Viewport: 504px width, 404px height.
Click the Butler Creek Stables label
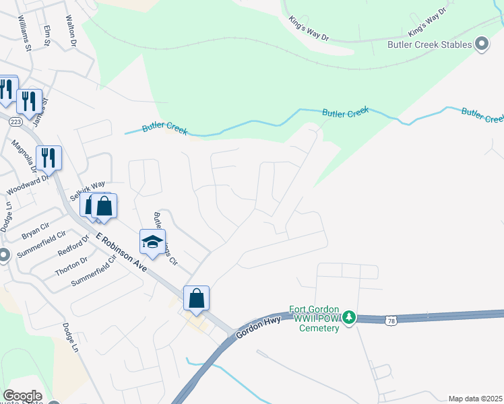click(429, 46)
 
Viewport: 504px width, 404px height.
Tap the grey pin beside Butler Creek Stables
click(481, 44)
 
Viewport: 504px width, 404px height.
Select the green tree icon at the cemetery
click(348, 316)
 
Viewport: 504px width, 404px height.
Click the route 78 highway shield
click(391, 321)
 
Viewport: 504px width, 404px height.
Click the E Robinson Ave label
click(121, 252)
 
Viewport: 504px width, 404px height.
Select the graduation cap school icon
click(153, 242)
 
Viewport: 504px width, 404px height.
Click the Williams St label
click(26, 36)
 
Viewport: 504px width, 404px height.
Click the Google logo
click(22, 396)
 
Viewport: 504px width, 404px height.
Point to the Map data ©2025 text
click(475, 399)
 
